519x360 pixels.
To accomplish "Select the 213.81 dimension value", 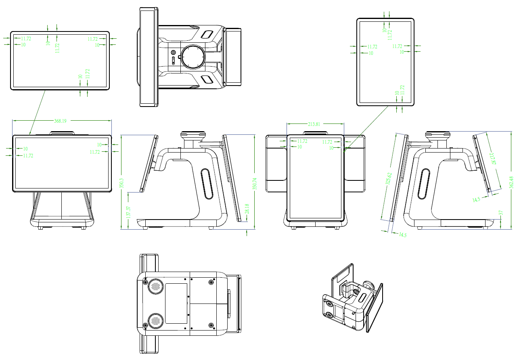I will click(x=314, y=124).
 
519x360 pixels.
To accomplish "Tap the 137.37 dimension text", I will click(x=128, y=212).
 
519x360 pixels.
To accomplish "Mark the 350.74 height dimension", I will click(x=254, y=184).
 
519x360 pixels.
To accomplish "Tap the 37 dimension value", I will click(x=501, y=213).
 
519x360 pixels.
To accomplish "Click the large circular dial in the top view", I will click(x=192, y=57).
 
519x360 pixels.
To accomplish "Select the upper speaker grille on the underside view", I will click(x=155, y=287).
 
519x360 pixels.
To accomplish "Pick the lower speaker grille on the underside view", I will click(x=155, y=321).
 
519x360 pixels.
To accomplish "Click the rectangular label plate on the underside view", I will click(x=176, y=303).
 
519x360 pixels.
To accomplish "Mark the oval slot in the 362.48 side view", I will click(x=424, y=184).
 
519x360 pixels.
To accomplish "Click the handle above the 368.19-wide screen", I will click(x=62, y=133).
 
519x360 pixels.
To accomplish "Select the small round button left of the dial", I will click(x=174, y=52).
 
